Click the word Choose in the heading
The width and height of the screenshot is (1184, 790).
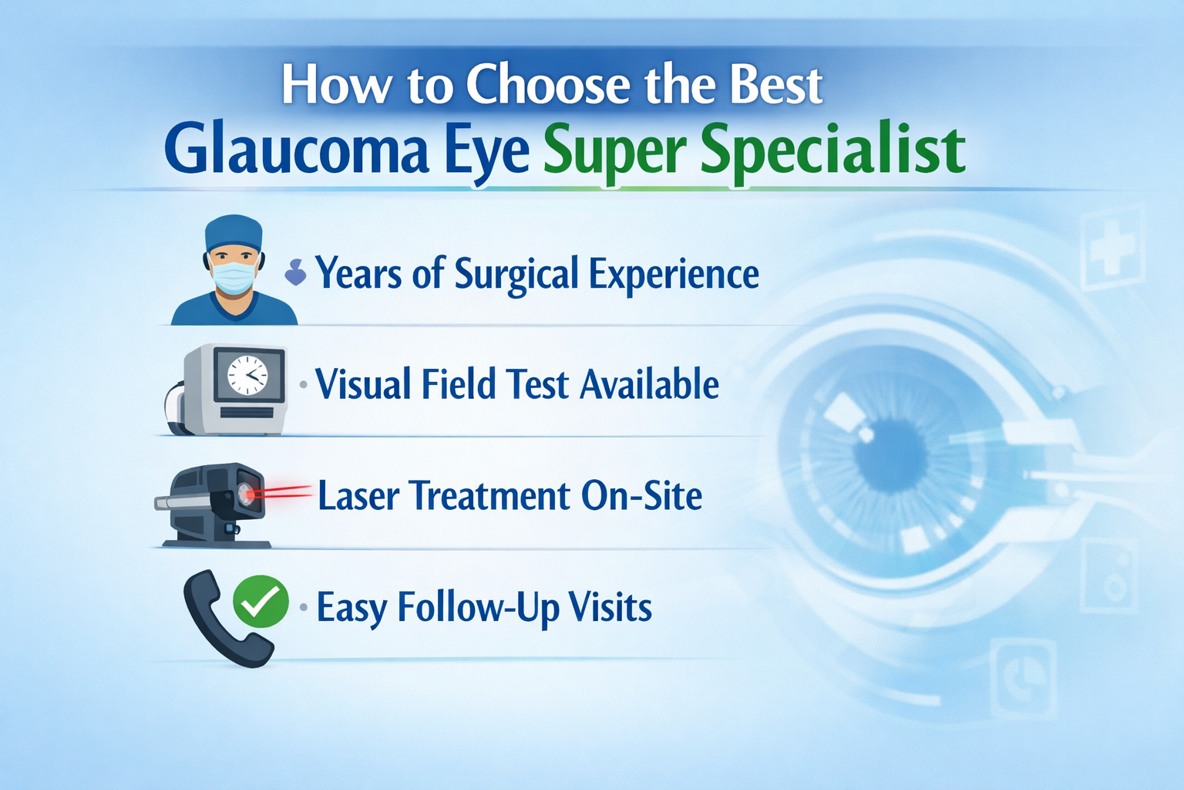(x=549, y=84)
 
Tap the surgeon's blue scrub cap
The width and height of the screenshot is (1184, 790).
(x=234, y=233)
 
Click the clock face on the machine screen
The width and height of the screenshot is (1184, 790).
(x=247, y=376)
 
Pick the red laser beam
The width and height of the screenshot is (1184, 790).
(x=284, y=491)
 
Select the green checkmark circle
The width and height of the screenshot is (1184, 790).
(x=261, y=602)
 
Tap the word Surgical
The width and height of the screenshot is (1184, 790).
(x=516, y=274)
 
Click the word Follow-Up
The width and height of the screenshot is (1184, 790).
(x=479, y=608)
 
